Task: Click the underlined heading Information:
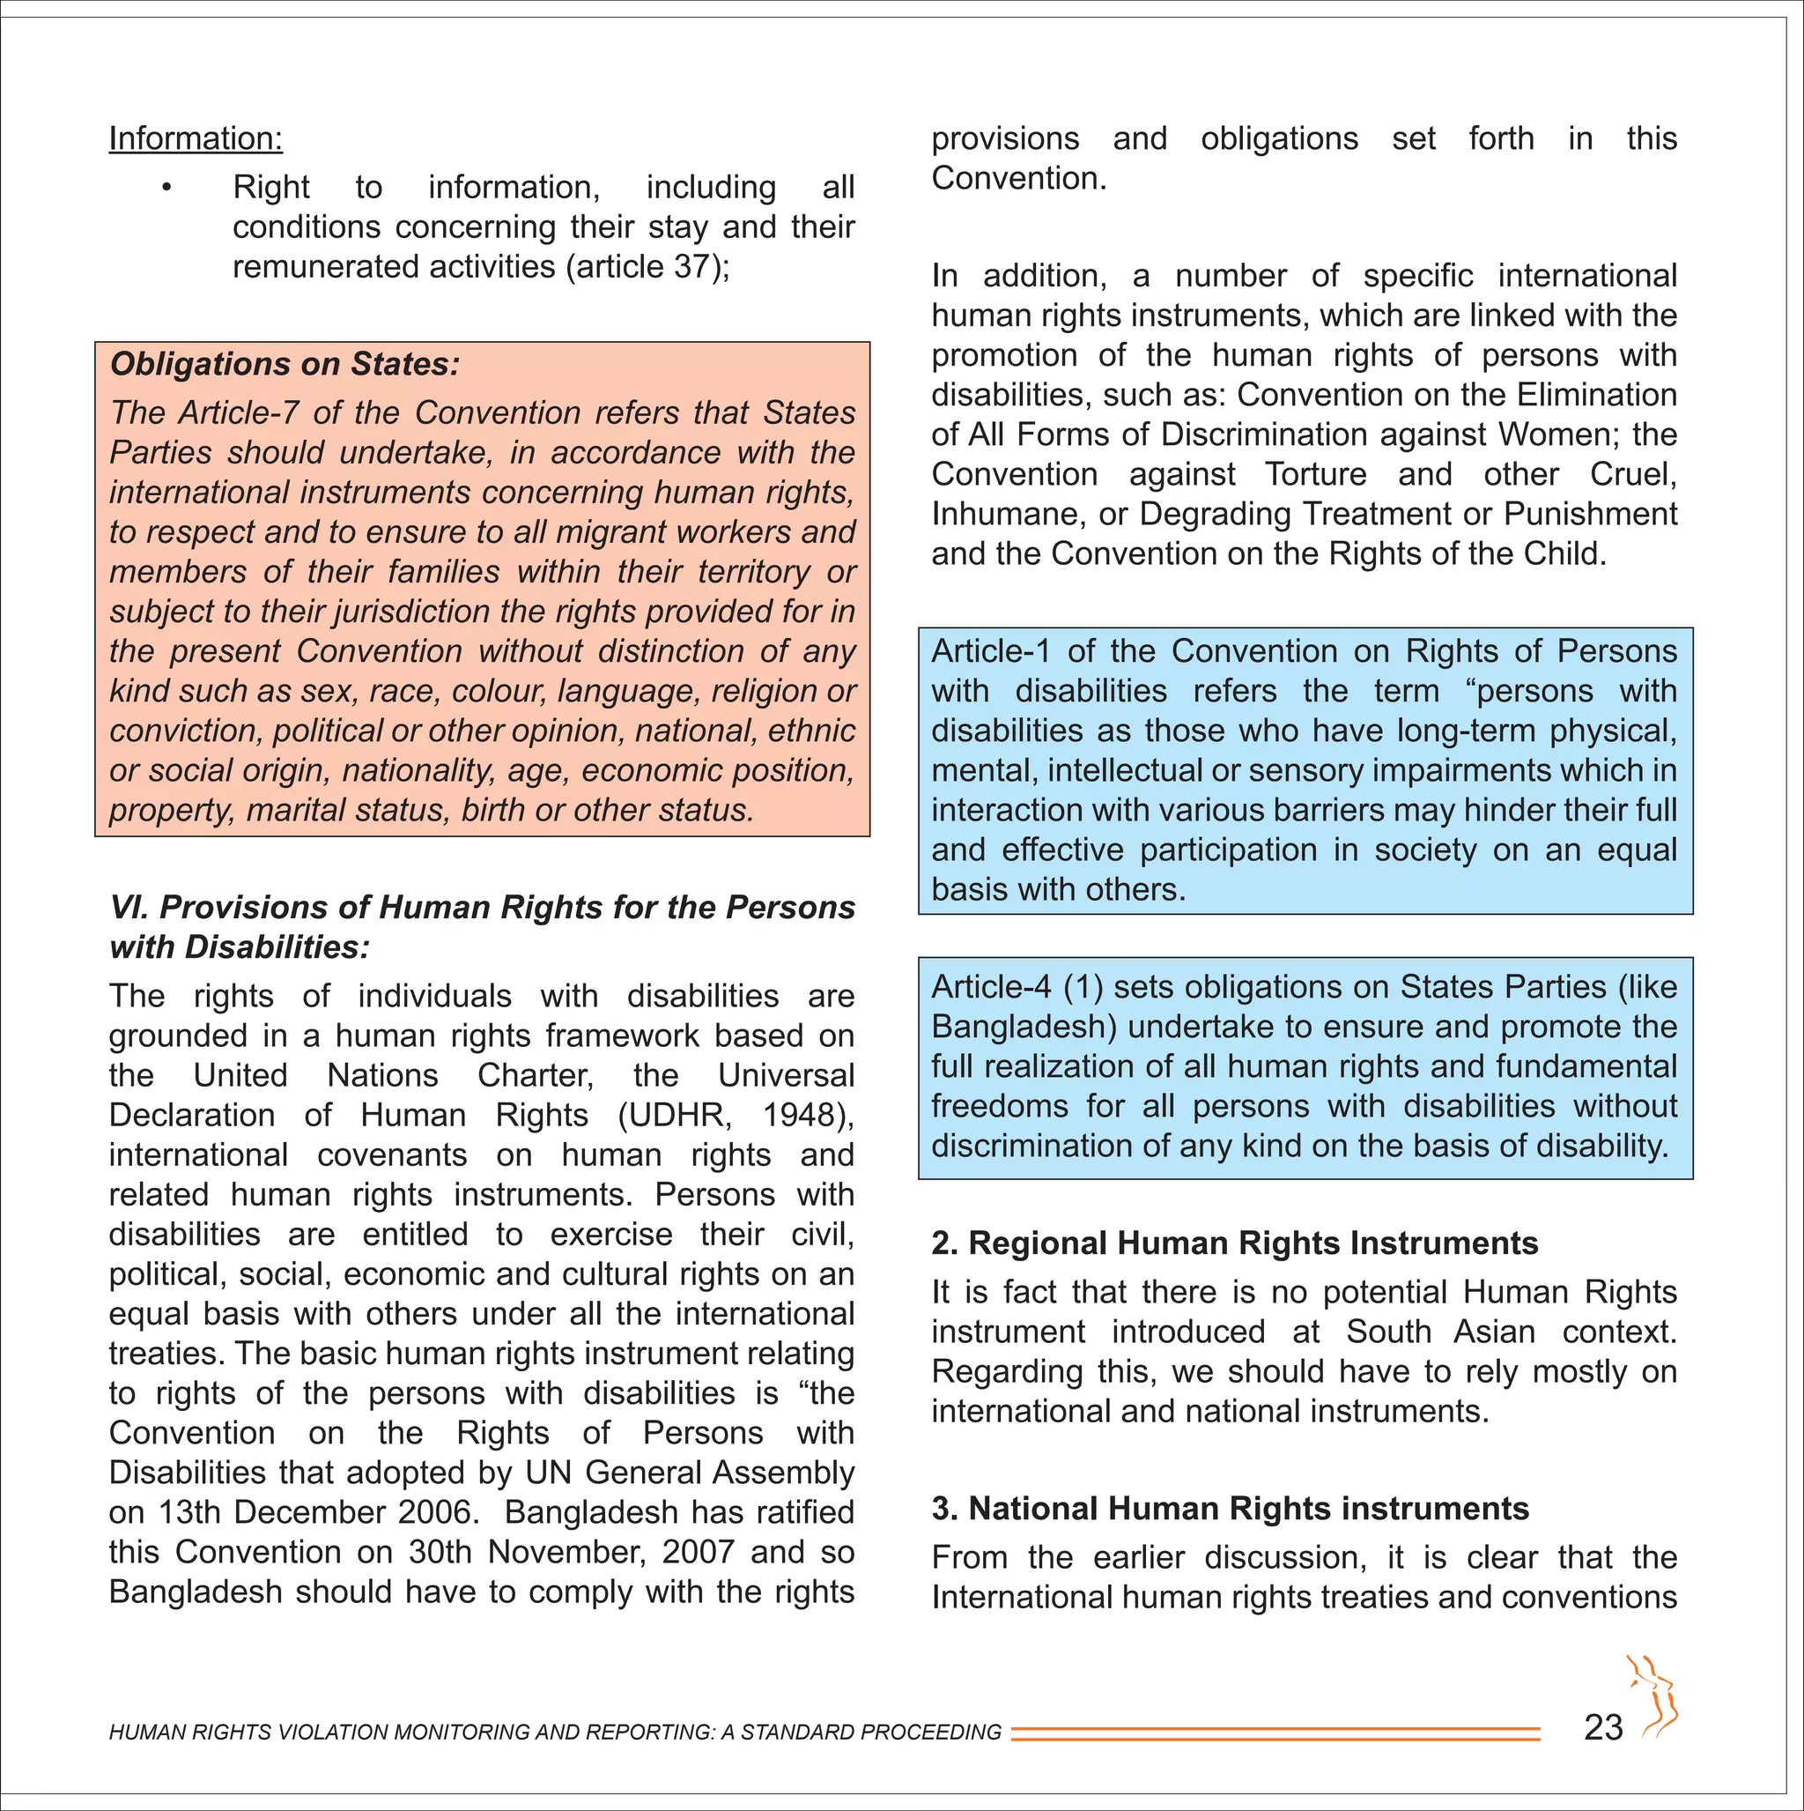point(195,138)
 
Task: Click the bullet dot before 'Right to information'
point(166,189)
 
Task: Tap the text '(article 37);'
point(647,267)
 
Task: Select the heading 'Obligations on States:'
point(285,364)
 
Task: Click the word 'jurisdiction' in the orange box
point(412,612)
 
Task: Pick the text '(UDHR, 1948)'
point(734,1116)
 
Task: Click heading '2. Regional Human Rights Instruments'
point(1234,1243)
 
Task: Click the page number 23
point(1602,1727)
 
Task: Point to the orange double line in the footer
point(1275,1733)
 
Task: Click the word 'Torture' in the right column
point(1316,474)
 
